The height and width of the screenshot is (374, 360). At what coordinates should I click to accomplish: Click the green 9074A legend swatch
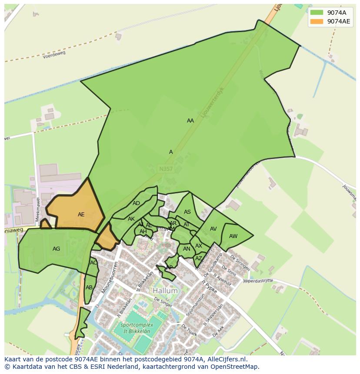[317, 13]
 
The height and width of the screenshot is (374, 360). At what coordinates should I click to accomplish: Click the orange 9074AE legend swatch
[317, 21]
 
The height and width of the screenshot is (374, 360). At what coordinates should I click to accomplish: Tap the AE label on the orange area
[81, 215]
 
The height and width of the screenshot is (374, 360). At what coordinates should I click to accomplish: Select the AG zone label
[56, 249]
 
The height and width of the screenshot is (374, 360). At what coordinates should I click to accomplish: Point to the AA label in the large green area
[190, 121]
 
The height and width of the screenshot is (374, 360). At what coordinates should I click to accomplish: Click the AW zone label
[233, 236]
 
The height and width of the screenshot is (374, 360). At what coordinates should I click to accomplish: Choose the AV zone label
[213, 229]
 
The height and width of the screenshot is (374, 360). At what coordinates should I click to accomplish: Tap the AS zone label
[187, 212]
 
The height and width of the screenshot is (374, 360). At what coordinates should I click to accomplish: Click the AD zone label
[137, 203]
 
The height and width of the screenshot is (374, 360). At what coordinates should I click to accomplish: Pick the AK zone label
[131, 219]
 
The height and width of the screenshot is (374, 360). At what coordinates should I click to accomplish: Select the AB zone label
[89, 288]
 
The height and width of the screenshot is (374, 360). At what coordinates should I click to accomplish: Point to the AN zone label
[187, 249]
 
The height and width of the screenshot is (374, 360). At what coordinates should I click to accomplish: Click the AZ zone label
[199, 258]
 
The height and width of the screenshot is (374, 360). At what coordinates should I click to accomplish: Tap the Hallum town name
[165, 291]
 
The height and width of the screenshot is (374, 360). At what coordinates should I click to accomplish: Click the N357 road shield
[165, 168]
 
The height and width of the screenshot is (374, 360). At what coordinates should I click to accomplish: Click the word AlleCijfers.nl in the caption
[226, 359]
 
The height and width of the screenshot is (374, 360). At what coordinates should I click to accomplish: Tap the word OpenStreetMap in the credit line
[236, 367]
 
